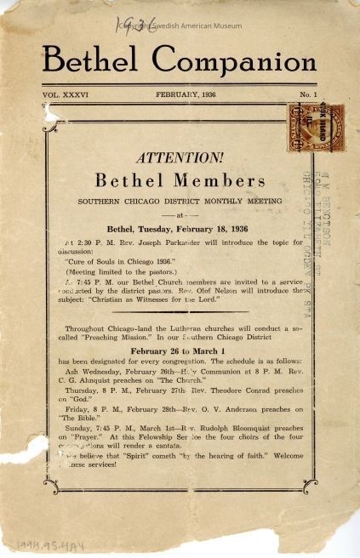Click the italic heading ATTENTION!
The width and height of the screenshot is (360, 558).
[x=180, y=157]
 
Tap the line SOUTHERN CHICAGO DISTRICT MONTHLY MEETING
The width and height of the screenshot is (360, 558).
[x=180, y=202]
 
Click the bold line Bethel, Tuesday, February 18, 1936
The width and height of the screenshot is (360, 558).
[x=180, y=228]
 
